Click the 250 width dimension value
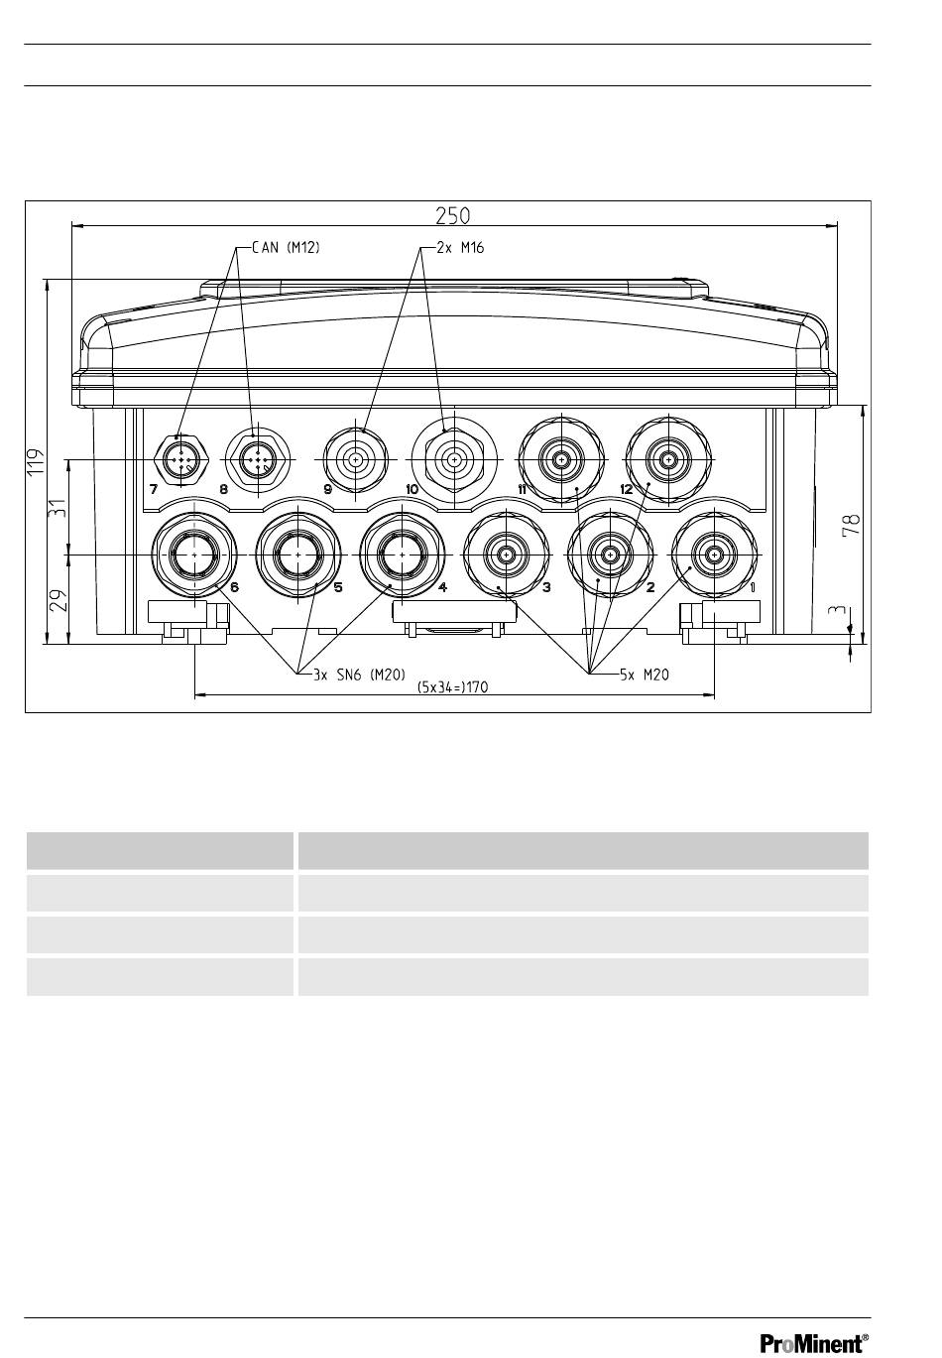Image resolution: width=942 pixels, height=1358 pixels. [x=453, y=215]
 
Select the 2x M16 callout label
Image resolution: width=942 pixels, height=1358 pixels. [x=460, y=247]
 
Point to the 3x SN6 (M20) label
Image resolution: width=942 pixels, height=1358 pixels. [x=360, y=675]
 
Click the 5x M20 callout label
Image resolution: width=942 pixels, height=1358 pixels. [x=645, y=675]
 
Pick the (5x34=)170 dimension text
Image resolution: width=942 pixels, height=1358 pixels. [x=453, y=686]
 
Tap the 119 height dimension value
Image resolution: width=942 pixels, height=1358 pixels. [x=37, y=462]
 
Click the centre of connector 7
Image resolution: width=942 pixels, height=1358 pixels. [x=181, y=460]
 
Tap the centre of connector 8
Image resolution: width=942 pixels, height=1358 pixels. [x=258, y=460]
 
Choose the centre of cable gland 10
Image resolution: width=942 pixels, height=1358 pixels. [x=454, y=460]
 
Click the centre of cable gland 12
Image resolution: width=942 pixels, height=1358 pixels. [x=668, y=460]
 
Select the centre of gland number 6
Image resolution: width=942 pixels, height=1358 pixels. [x=194, y=555]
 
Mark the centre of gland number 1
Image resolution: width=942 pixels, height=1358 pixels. [x=714, y=555]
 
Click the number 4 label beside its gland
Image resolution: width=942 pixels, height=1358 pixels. [x=442, y=587]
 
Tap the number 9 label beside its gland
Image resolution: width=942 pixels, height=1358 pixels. [x=328, y=489]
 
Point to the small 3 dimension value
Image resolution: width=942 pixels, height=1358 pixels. [x=838, y=610]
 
